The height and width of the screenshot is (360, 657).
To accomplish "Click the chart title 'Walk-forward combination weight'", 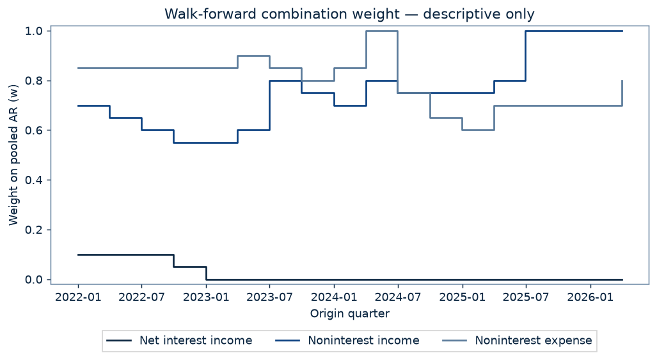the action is pyautogui.click(x=282, y=14).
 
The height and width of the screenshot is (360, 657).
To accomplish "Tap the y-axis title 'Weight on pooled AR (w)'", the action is pyautogui.click(x=13, y=155).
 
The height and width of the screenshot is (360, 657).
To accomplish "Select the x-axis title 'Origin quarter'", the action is pyautogui.click(x=350, y=313).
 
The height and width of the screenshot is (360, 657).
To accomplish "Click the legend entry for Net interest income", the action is pyautogui.click(x=179, y=340).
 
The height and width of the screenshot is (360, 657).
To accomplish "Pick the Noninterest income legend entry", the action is pyautogui.click(x=347, y=340).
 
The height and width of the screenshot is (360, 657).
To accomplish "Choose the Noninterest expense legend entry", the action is pyautogui.click(x=518, y=340).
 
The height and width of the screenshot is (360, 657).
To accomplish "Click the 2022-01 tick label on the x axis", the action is pyautogui.click(x=78, y=297).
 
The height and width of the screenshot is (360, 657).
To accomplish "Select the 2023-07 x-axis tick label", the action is pyautogui.click(x=269, y=297).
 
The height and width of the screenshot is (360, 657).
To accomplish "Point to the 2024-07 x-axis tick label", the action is pyautogui.click(x=398, y=297).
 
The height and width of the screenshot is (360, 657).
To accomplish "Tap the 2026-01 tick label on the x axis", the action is pyautogui.click(x=590, y=297).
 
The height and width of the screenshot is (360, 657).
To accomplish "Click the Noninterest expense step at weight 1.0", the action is pyautogui.click(x=382, y=31).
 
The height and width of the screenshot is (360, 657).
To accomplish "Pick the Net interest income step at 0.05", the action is pyautogui.click(x=190, y=267).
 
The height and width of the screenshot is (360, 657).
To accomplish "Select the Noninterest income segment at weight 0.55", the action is pyautogui.click(x=206, y=143).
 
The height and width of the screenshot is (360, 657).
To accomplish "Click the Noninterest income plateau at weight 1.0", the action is pyautogui.click(x=574, y=31).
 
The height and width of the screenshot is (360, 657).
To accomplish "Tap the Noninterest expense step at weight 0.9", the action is pyautogui.click(x=253, y=56).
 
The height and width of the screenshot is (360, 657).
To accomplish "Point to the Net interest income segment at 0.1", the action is pyautogui.click(x=125, y=254).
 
